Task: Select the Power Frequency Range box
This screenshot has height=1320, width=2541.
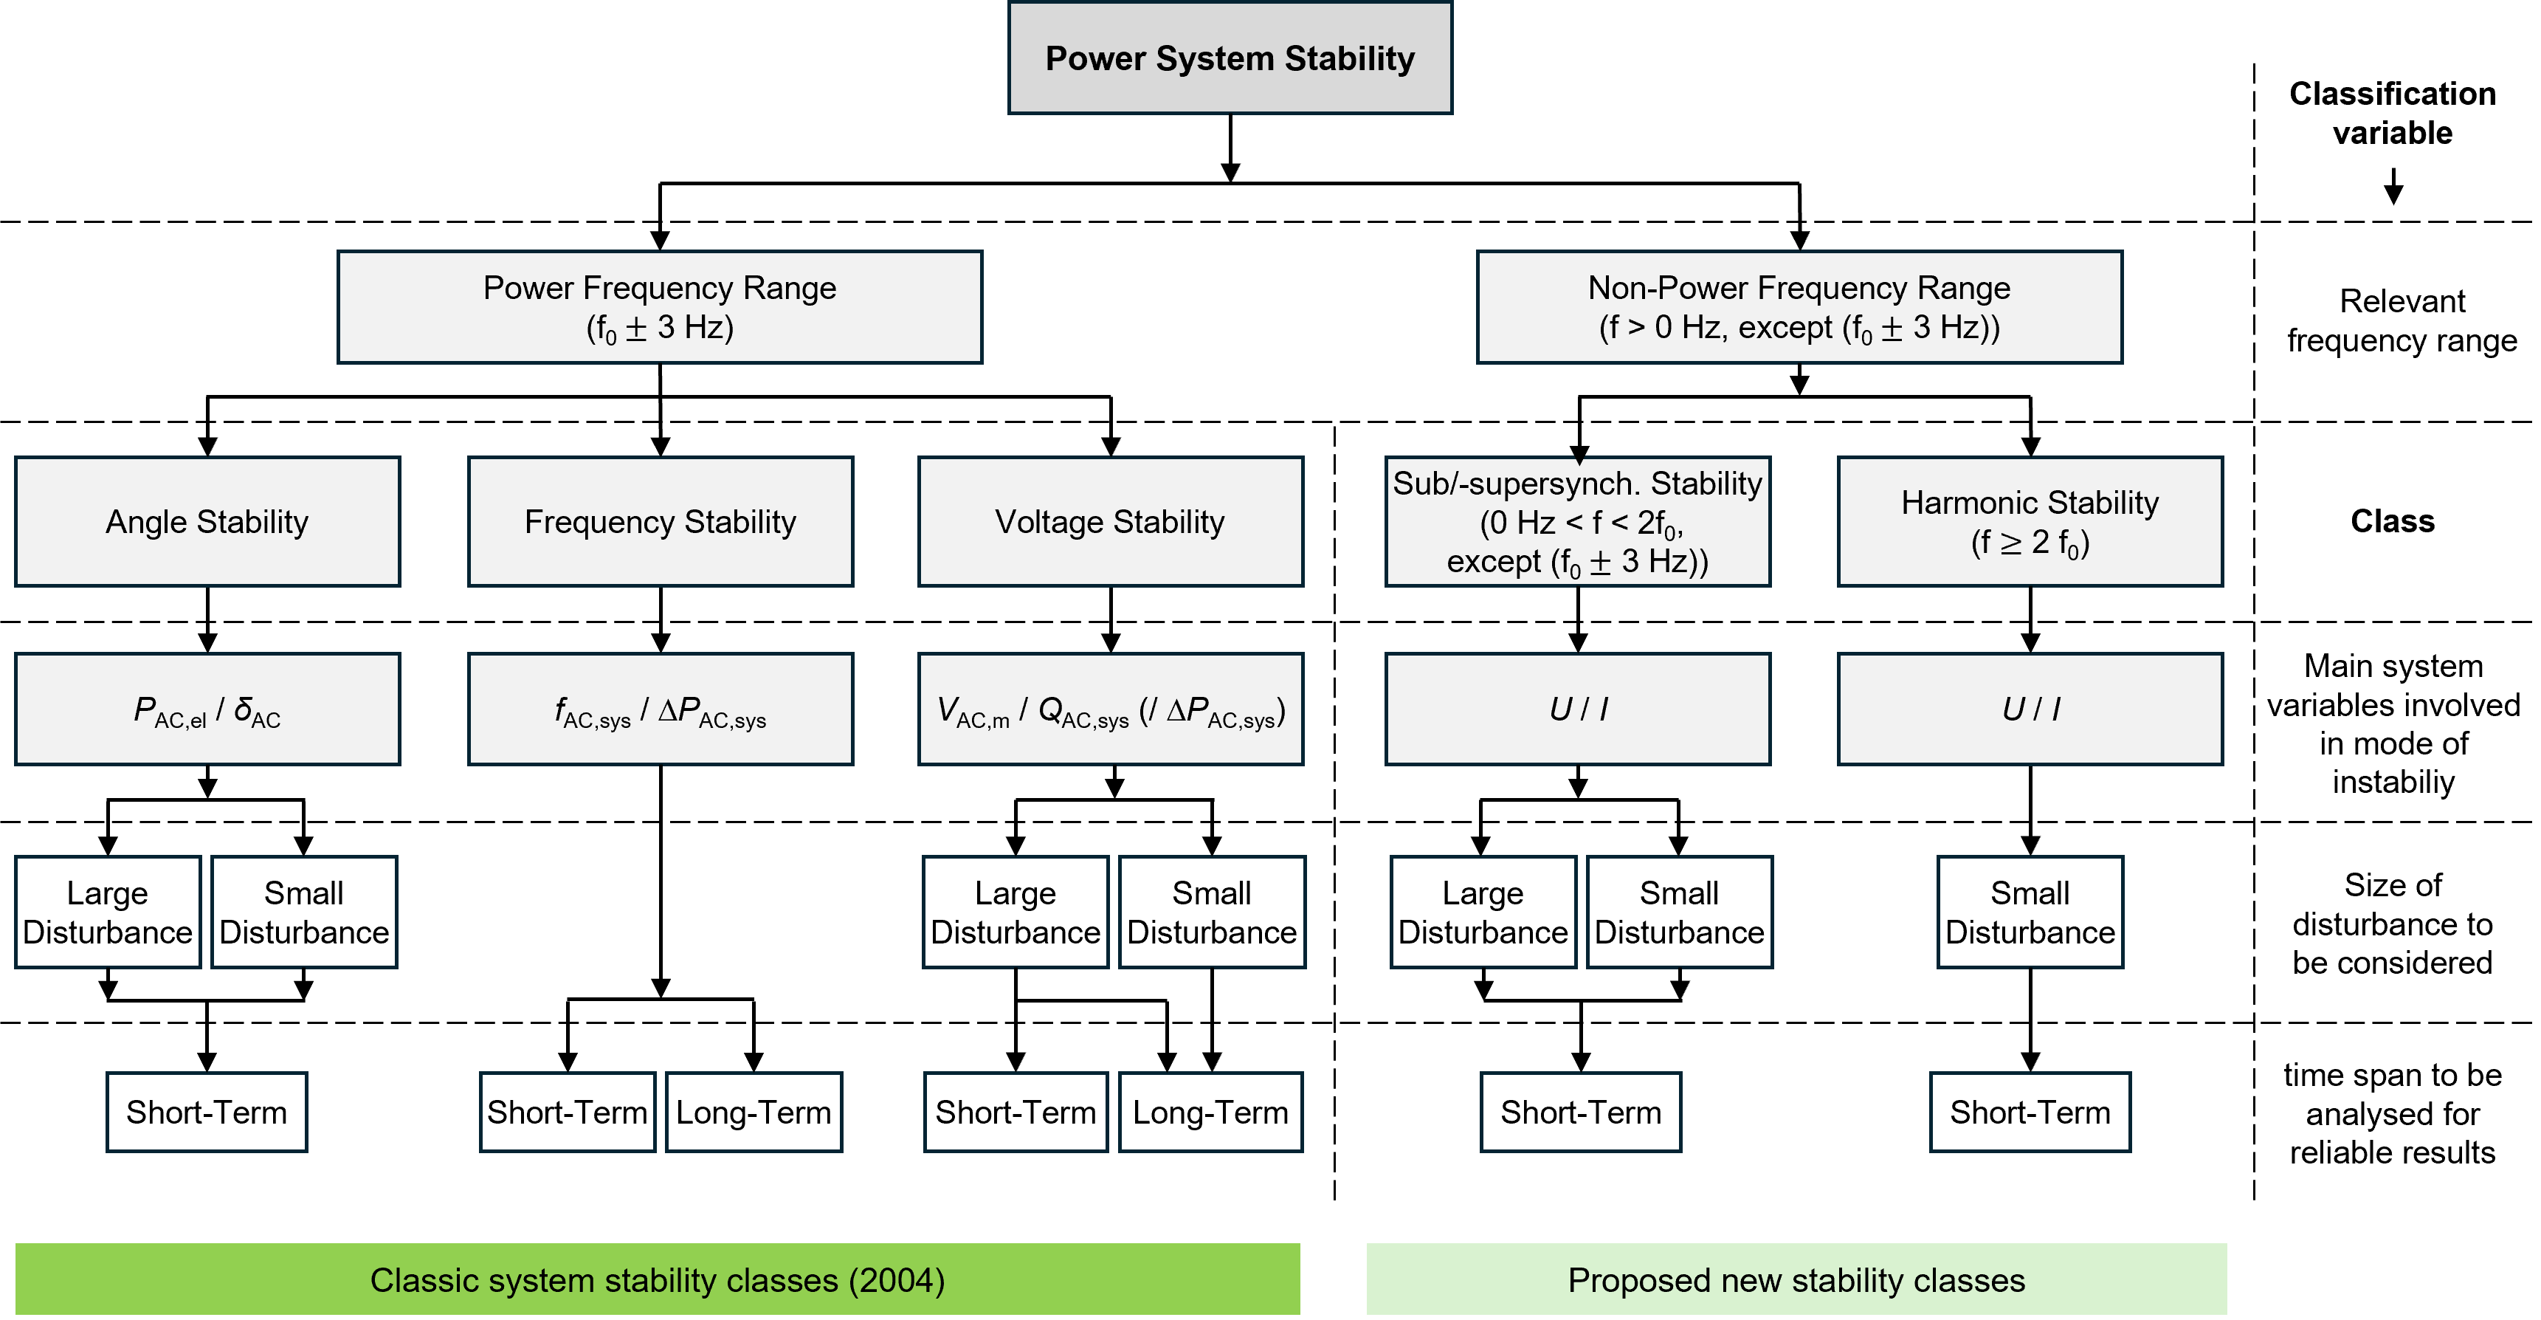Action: [x=659, y=307]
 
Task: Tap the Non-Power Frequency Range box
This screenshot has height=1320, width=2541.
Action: [x=1799, y=307]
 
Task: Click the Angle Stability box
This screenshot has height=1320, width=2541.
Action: [x=207, y=521]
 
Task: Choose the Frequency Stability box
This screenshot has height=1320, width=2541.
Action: [x=660, y=521]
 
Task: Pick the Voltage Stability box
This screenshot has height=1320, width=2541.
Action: [x=1110, y=521]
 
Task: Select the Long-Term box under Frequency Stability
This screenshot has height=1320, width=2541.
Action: [x=754, y=1112]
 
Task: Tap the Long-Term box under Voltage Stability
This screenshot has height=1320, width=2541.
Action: [x=1210, y=1112]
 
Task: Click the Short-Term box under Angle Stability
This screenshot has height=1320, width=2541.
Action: [x=207, y=1112]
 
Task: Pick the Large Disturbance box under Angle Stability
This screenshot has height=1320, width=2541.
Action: [x=108, y=912]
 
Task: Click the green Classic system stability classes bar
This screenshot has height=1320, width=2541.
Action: [x=657, y=1279]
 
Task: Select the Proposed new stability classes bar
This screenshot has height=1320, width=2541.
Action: [x=1796, y=1279]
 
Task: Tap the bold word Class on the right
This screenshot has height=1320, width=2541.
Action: [x=2392, y=521]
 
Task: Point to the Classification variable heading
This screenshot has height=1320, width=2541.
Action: [x=2392, y=112]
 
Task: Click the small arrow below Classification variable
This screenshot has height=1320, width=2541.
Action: [x=2393, y=190]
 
